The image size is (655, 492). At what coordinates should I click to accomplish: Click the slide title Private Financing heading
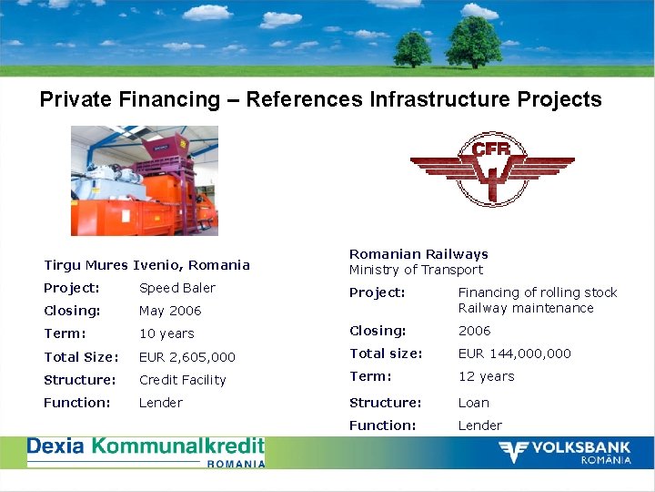pos(320,99)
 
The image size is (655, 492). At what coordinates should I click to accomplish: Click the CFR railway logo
pos(491,169)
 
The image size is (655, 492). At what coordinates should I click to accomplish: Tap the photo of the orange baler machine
pos(145,180)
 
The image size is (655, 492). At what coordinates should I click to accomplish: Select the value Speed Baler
pos(177,288)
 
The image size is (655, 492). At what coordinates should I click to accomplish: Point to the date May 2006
pos(170,311)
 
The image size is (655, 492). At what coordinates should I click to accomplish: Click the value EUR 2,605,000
pos(187,357)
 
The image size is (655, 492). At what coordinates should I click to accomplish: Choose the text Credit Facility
pos(182,380)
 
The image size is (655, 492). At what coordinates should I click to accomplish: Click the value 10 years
pos(166,333)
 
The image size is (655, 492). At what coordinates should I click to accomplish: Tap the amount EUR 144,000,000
pos(514,354)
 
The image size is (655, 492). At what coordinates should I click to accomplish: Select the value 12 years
pos(486,376)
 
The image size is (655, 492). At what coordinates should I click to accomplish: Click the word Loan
pos(473,403)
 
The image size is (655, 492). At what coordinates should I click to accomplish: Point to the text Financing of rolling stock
pos(537,292)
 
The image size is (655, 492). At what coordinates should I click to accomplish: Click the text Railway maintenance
pos(525,308)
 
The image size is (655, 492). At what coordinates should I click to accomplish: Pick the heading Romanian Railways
pos(418,254)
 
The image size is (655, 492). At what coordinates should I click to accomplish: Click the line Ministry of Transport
pos(416,270)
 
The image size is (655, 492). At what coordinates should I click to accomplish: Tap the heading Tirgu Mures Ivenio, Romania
pos(146,265)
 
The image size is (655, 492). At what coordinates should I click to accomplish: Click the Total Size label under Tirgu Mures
pos(81,357)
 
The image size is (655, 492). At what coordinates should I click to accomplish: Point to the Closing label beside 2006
pos(378,331)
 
